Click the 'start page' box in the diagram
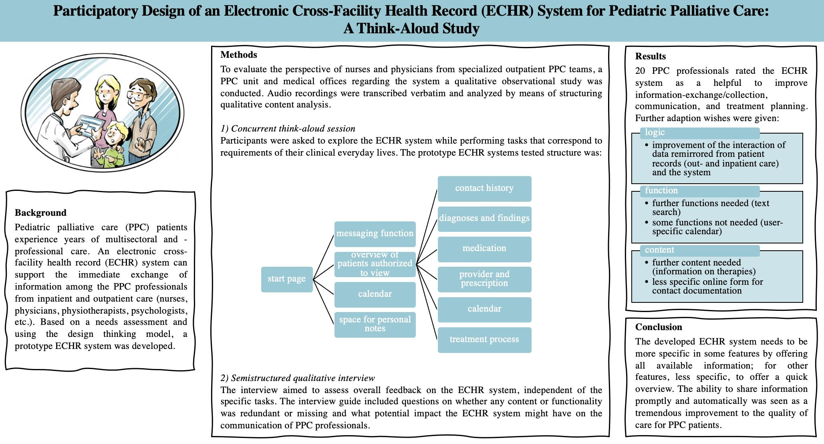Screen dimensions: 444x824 [287, 279]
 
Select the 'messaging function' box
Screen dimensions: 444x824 [375, 234]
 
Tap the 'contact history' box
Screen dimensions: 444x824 [484, 189]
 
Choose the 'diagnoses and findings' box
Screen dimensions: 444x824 [484, 219]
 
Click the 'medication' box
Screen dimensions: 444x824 [484, 249]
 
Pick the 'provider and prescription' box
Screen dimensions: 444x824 [484, 279]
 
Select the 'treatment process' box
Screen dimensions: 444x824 [484, 340]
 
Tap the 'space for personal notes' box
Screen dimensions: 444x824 [375, 324]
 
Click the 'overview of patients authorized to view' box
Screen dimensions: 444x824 [375, 264]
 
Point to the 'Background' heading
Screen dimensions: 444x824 [40, 213]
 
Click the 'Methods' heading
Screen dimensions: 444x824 [239, 55]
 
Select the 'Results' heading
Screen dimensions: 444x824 [650, 56]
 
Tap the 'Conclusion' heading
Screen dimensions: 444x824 [658, 327]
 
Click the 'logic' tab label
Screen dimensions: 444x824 [655, 132]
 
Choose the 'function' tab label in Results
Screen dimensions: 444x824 [661, 191]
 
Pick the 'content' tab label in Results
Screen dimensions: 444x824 [659, 250]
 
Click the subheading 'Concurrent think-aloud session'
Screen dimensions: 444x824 [293, 129]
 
